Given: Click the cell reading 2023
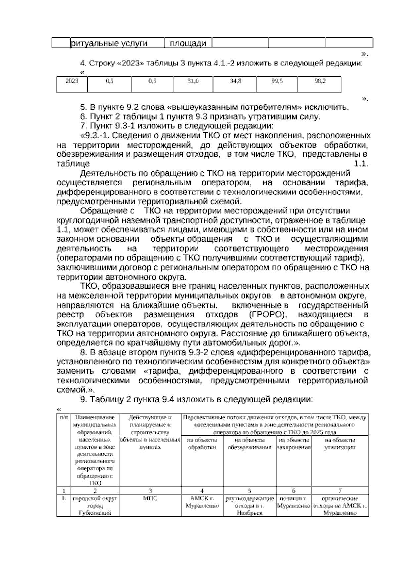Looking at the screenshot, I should point(72,81).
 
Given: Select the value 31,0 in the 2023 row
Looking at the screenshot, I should point(193,81).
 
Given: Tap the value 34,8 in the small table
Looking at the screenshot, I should point(236,81).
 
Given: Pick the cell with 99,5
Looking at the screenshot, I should point(277,81).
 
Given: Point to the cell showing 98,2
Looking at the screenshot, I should point(320,81).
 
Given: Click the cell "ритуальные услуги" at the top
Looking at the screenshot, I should point(109,43).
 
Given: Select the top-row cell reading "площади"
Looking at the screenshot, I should point(188,43).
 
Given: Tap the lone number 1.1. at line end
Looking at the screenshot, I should point(361,164).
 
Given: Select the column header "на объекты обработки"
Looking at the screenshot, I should point(202,444).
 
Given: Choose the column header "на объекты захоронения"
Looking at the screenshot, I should point(294,444).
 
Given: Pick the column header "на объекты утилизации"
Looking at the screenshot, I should point(340,444).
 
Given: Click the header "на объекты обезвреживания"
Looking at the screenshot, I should point(249,444).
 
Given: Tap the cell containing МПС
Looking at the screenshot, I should point(150,498).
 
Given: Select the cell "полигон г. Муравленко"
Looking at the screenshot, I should point(294,502).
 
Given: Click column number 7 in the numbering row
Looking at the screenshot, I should point(340,491).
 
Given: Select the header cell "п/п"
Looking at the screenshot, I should point(63,418).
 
